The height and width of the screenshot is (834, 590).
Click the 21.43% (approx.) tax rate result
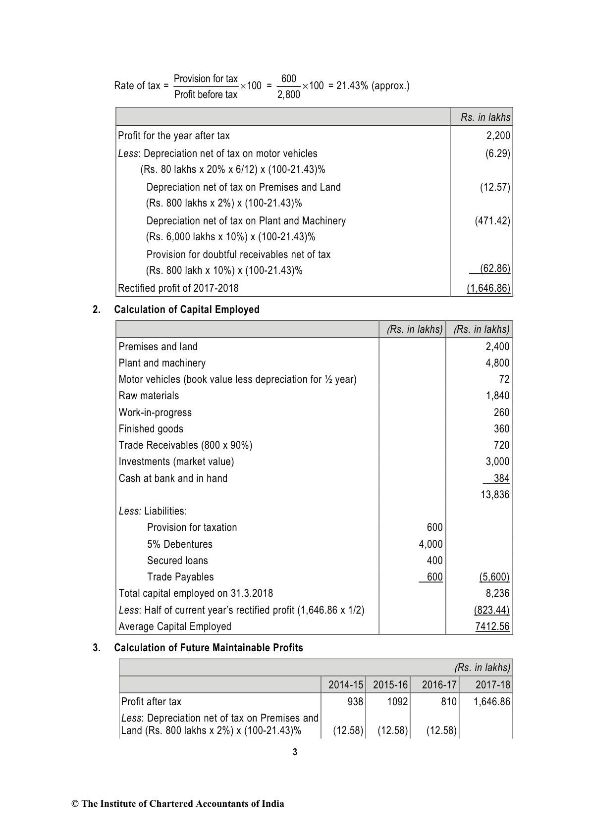tap(373, 86)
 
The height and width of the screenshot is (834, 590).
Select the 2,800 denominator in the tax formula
tap(289, 95)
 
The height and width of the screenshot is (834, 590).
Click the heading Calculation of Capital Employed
tap(187, 310)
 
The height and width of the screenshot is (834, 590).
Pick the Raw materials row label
tap(149, 396)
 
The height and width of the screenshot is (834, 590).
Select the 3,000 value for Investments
tap(497, 462)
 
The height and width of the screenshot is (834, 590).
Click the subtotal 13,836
tap(495, 495)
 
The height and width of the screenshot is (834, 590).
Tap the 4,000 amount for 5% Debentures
tap(430, 544)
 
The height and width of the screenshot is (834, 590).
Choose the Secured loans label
tap(177, 561)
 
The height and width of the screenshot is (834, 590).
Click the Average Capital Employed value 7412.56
tap(492, 626)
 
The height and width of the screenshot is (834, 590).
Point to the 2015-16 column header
tap(390, 685)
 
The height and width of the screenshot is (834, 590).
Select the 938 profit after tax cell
tap(355, 702)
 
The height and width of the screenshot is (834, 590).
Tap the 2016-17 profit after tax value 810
tap(448, 702)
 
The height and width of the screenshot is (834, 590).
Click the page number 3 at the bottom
tap(295, 753)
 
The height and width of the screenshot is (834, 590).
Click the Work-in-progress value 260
tap(501, 413)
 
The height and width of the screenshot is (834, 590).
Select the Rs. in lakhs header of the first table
tap(485, 117)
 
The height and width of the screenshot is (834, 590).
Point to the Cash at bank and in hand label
tap(173, 478)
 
